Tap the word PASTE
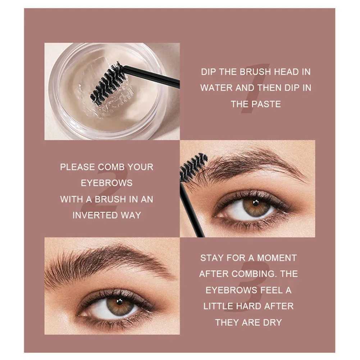(x=266, y=104)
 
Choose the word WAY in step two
(x=131, y=215)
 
